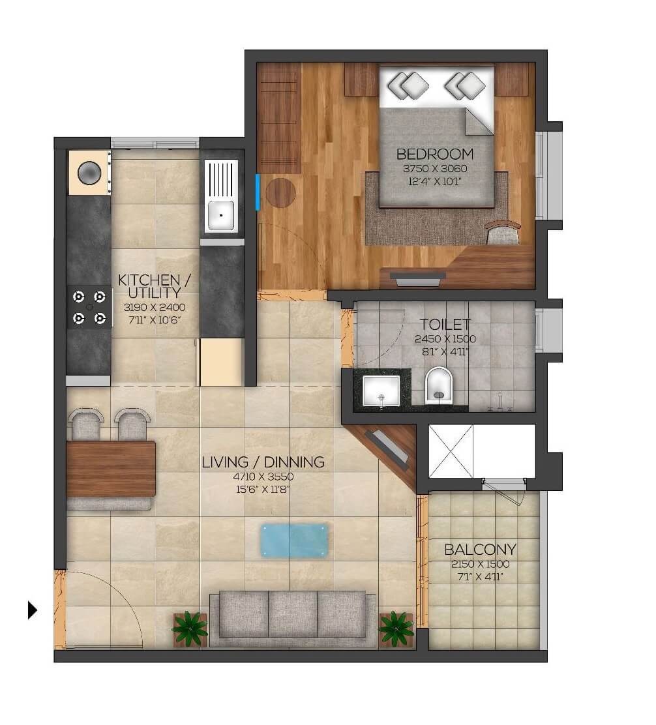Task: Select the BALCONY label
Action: pos(480,549)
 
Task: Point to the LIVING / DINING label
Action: pos(263,462)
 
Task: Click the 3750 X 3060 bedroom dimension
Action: pos(434,169)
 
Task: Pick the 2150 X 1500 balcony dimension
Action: pos(480,565)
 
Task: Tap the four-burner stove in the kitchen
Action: pos(89,307)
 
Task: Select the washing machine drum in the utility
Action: pos(89,173)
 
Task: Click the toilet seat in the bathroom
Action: pos(438,385)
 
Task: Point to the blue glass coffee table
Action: pos(293,540)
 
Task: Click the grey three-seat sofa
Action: pos(292,615)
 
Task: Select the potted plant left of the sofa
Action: pos(190,629)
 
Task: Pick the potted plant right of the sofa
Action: pos(396,629)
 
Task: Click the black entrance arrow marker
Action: pos(32,610)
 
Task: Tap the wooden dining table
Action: pos(111,469)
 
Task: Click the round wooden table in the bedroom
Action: pos(280,193)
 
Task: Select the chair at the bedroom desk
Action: pos(503,232)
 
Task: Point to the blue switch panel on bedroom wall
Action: pos(258,192)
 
